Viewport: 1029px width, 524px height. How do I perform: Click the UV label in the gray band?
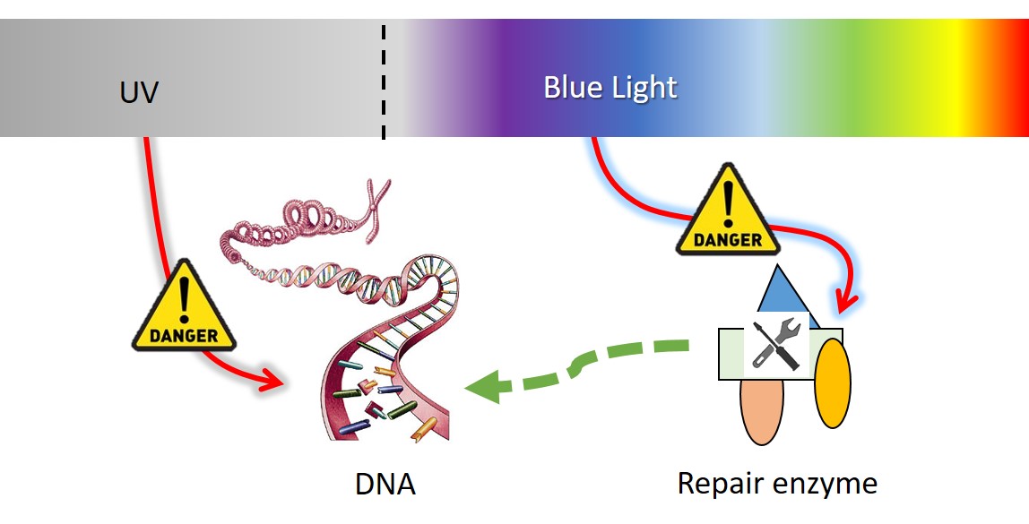click(139, 91)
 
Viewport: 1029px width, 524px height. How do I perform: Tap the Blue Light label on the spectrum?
click(610, 88)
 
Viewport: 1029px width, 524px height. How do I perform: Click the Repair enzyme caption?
click(776, 484)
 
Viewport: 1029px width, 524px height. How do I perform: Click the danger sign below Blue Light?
click(728, 212)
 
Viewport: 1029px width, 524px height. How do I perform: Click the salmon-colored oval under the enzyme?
click(762, 410)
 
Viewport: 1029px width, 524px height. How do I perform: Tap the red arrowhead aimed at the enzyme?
click(845, 299)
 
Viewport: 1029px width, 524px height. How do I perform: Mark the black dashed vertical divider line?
click(385, 81)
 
